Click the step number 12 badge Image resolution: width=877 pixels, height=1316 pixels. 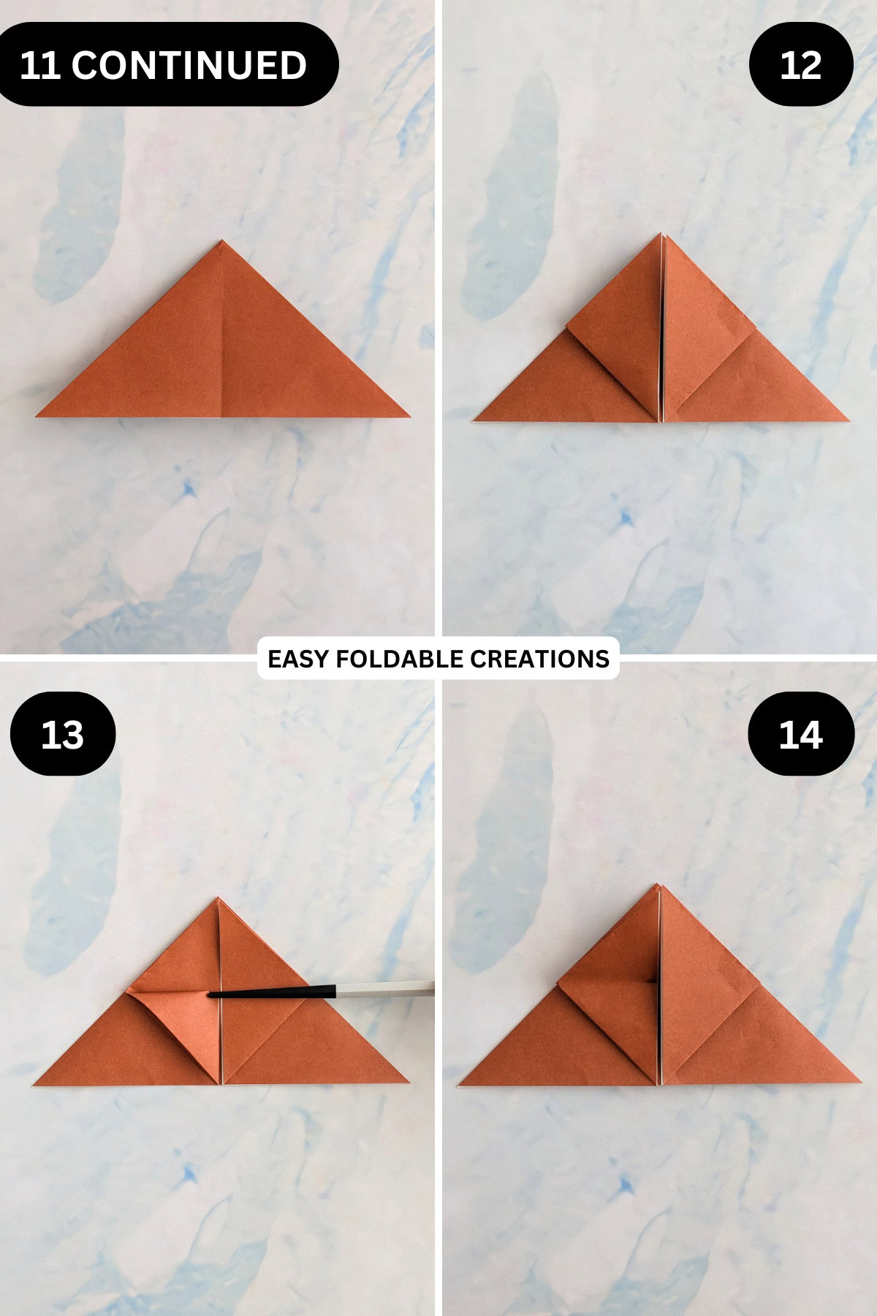coord(801,64)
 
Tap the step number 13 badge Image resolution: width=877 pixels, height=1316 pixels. coord(63,734)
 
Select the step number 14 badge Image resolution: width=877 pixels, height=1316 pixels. coord(801,734)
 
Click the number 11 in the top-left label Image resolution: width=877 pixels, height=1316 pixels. coord(39,65)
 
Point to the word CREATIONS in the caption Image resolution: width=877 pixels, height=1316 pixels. coord(539,659)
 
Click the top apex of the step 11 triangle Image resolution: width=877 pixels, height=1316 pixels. coord(221,241)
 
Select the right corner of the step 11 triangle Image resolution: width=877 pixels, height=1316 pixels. coord(409,416)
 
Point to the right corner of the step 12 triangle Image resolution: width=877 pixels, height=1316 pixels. coord(848,420)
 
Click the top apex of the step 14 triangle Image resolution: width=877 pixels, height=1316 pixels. coord(659,885)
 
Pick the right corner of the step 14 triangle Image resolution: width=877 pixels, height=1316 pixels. coord(860,1084)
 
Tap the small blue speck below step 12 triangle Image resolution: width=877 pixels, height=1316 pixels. coord(625,518)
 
